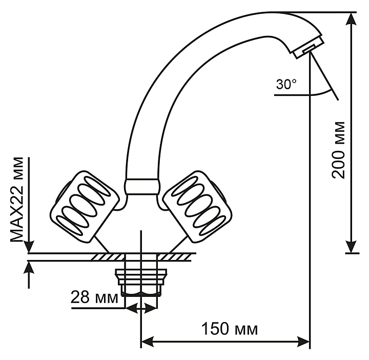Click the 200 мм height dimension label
[338, 150]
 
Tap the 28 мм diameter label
[94, 297]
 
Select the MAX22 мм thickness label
[17, 199]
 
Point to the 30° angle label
[286, 84]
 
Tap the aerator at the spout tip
[309, 47]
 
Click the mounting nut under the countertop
[141, 282]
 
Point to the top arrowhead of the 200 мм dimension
[351, 18]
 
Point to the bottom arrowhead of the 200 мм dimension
[351, 247]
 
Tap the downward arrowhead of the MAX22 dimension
[29, 247]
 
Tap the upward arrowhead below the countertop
[29, 267]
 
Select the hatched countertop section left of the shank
[108, 257]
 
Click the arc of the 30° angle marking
[321, 94]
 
